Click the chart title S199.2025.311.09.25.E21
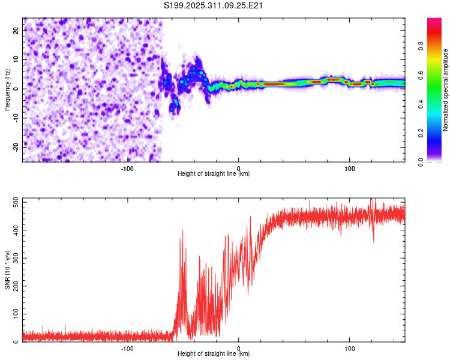pos(214,5)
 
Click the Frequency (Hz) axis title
pos(8,89)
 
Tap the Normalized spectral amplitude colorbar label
pos(446,90)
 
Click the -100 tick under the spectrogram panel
pos(127,169)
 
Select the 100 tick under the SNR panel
pos(350,349)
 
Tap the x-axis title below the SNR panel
pos(214,354)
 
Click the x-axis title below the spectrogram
pos(214,174)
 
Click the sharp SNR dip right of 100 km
pos(374,242)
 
